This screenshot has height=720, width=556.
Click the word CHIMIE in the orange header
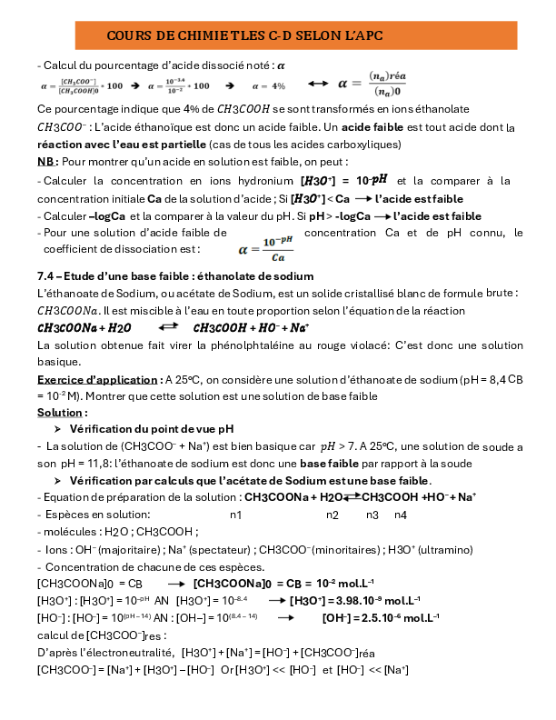tap(202, 35)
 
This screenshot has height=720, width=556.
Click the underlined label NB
tap(46, 162)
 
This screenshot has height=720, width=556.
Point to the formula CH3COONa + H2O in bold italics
tap(84, 327)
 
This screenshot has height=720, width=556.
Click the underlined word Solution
tap(60, 412)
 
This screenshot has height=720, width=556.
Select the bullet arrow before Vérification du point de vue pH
tap(58, 428)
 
